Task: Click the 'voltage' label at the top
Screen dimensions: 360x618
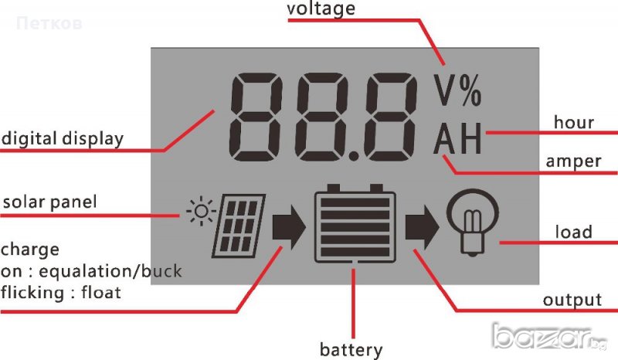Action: click(321, 9)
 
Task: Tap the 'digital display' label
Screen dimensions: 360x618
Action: click(62, 139)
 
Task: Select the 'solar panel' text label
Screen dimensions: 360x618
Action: click(50, 202)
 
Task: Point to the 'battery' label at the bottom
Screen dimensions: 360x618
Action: click(351, 349)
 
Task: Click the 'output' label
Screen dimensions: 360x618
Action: click(572, 300)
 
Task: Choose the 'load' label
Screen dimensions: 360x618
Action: click(573, 232)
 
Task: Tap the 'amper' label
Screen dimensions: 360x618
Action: click(572, 161)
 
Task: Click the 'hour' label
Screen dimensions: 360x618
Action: click(574, 122)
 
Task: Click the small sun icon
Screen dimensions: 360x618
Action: click(202, 210)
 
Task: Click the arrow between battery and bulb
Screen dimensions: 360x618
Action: click(421, 226)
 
